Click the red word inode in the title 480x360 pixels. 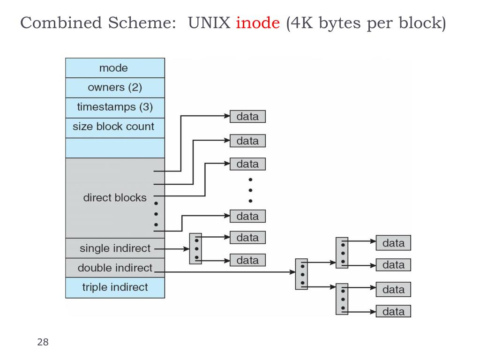(x=257, y=23)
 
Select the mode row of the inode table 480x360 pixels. (x=115, y=68)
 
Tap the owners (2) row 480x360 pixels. (x=115, y=88)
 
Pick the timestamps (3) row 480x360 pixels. (x=115, y=107)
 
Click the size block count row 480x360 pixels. (x=115, y=127)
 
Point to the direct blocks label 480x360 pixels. (x=115, y=198)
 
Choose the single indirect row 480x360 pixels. (x=115, y=248)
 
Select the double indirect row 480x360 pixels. (x=115, y=268)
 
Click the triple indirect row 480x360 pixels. (x=115, y=287)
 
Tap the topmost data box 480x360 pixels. (x=247, y=117)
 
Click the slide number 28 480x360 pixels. (x=43, y=342)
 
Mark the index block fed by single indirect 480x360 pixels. (x=195, y=248)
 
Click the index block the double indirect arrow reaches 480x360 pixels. (x=301, y=274)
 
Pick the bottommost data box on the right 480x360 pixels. (x=393, y=312)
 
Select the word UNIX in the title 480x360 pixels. (x=210, y=23)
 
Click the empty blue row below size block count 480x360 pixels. (x=115, y=148)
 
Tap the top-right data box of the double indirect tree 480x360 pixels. (x=393, y=243)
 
